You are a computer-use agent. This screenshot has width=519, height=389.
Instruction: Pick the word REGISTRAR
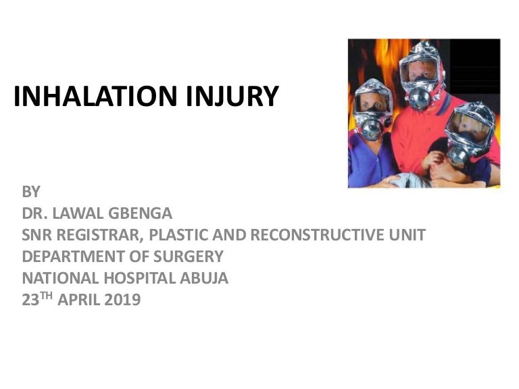tap(100, 235)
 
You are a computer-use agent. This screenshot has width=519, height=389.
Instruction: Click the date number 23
tap(30, 301)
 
